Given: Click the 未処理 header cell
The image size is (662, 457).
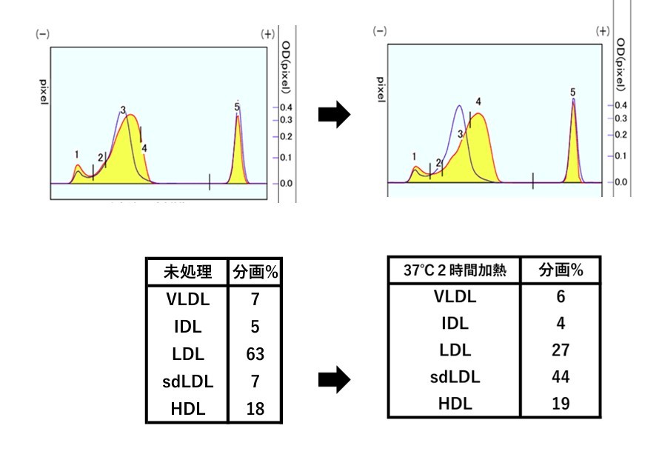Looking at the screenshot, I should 187,272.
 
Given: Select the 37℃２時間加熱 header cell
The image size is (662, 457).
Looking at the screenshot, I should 454,270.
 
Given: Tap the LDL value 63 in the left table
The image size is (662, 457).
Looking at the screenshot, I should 255,354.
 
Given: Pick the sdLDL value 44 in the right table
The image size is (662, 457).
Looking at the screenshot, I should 561,376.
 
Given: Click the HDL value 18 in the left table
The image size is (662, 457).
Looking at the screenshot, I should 255,409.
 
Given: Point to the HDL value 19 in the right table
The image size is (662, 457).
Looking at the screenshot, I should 561,404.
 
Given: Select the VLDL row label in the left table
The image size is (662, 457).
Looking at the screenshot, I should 187,300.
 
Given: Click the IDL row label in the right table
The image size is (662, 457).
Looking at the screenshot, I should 454,324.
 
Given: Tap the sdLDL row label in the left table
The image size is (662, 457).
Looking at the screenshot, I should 187,382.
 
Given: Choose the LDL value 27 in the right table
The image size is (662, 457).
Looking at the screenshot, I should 561,350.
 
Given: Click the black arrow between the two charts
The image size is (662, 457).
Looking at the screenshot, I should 333,116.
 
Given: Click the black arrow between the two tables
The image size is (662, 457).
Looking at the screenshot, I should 333,381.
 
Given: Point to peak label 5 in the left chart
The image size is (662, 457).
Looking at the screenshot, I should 236,107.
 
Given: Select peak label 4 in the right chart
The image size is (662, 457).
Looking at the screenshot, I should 478,101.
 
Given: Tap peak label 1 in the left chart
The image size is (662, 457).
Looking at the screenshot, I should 76,154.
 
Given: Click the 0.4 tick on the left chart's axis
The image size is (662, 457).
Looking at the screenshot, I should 286,107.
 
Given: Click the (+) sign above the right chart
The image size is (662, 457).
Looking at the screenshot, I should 603,31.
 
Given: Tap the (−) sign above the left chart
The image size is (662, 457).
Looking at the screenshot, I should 42,35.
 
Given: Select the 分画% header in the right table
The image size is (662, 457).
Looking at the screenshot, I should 561,270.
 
